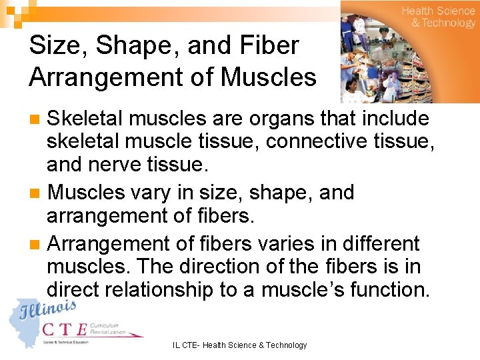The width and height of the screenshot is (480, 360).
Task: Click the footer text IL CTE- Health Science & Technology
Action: coord(240,345)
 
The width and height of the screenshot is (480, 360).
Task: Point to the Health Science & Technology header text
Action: coord(438,17)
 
